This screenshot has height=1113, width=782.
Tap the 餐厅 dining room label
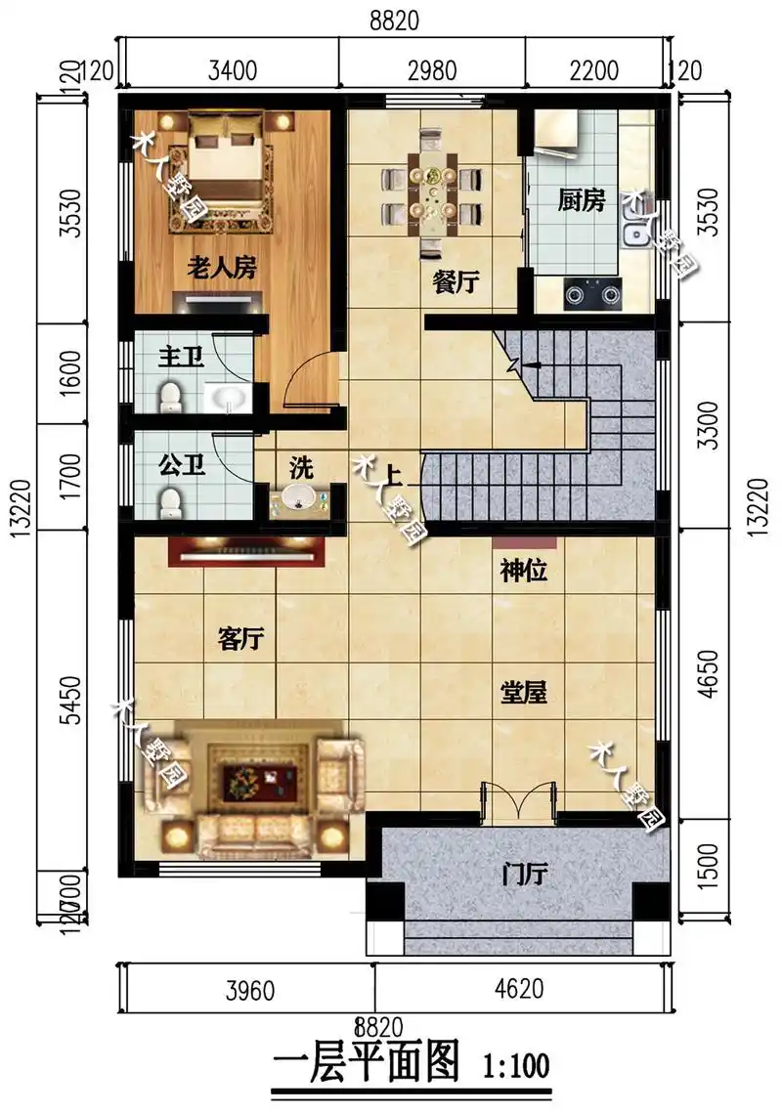(x=456, y=282)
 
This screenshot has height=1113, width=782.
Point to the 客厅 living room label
(x=240, y=639)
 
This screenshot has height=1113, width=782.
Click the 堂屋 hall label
(x=523, y=693)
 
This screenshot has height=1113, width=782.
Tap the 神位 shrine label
(x=523, y=572)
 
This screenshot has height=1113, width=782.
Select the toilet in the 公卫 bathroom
(x=172, y=503)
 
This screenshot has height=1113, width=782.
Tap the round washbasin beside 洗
(x=300, y=499)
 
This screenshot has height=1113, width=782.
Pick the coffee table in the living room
(x=252, y=779)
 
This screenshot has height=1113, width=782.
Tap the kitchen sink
(x=637, y=232)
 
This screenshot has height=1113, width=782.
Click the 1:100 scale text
(x=515, y=1062)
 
